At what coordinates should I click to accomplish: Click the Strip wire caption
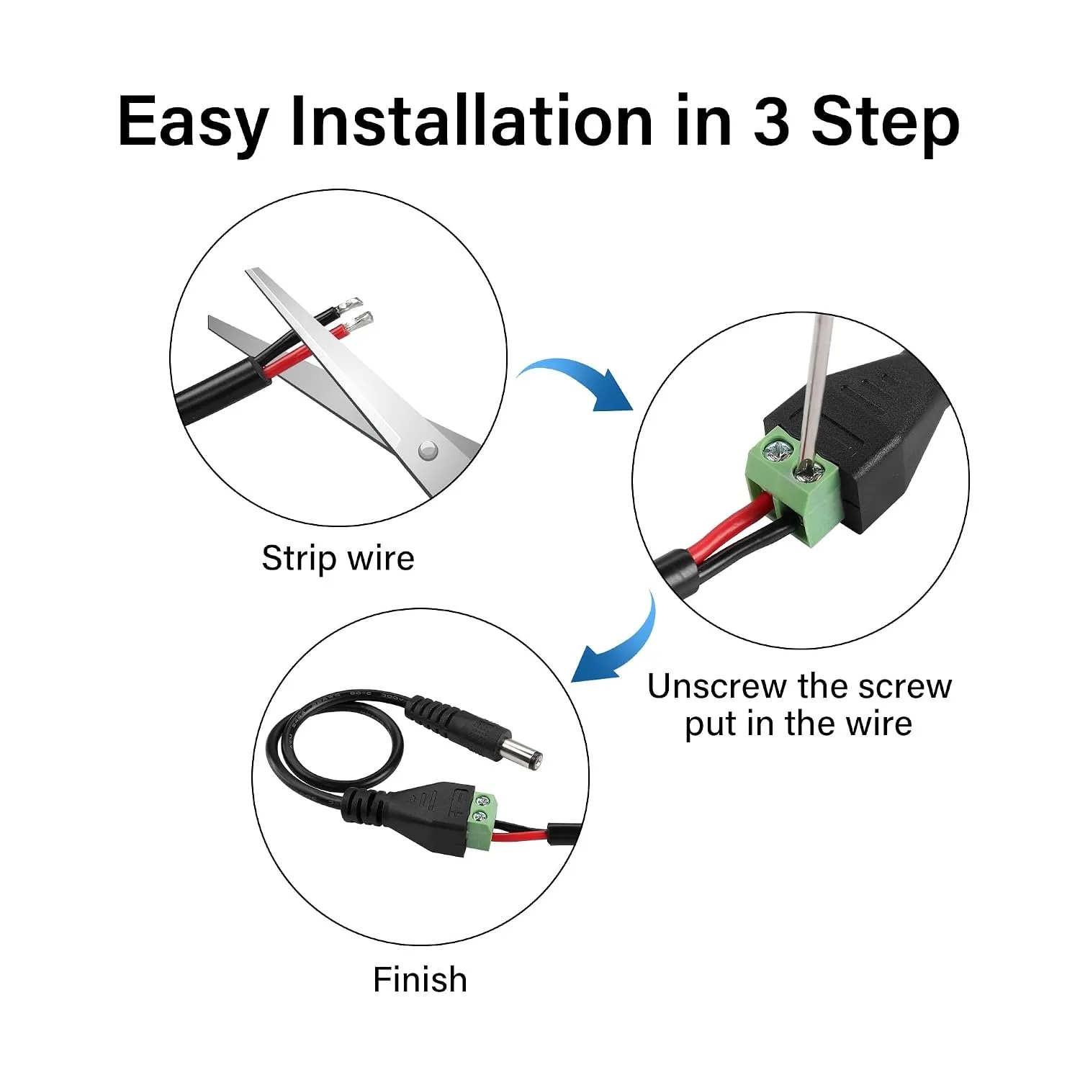click(x=338, y=558)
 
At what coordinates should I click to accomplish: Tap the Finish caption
click(x=420, y=980)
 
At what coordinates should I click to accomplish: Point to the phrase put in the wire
click(x=798, y=724)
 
